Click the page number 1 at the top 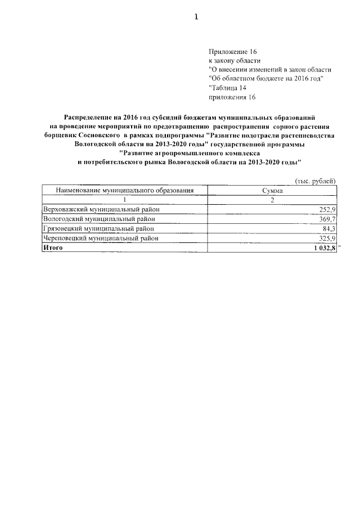[196, 17]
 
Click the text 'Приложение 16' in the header [232, 51]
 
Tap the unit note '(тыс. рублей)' [316, 181]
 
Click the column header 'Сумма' [272, 191]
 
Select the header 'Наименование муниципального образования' [124, 191]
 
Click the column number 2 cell [272, 200]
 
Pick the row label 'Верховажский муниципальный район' [97, 210]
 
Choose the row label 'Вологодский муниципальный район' [94, 219]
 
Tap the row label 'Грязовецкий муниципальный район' [94, 229]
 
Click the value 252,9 [327, 210]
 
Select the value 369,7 [327, 219]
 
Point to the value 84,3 [328, 229]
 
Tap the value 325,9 [327, 238]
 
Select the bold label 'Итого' [53, 248]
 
